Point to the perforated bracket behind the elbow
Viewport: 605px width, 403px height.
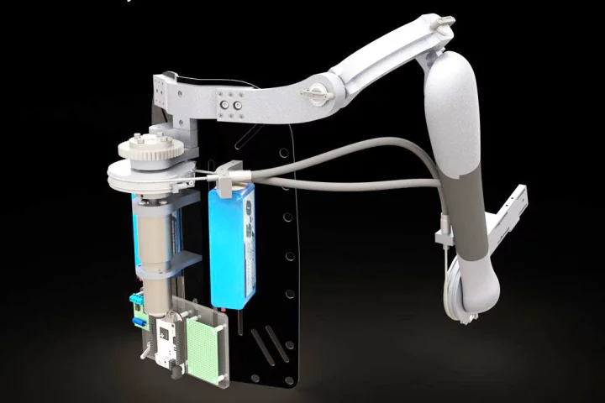(x=513, y=210)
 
